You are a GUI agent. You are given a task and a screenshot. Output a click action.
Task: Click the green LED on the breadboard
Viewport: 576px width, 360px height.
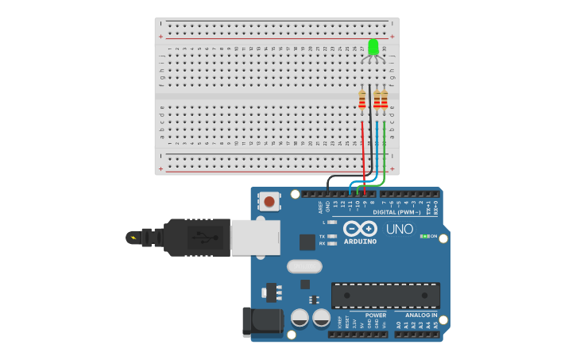pos(373,48)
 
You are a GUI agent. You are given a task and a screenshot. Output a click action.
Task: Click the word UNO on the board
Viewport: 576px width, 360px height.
pos(400,229)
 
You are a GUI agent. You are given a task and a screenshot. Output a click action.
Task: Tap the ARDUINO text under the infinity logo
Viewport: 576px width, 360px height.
pos(360,241)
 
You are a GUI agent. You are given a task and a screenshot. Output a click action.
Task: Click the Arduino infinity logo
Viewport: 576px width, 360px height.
pos(360,228)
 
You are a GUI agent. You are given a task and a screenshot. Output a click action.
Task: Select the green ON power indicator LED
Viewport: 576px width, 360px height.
pos(425,236)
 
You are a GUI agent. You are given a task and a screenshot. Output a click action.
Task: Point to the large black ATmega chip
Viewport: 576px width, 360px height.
pos(385,295)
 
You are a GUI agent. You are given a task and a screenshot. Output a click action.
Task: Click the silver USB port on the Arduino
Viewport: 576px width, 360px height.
pos(255,237)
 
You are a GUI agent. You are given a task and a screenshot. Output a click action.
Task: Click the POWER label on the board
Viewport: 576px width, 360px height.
pos(376,315)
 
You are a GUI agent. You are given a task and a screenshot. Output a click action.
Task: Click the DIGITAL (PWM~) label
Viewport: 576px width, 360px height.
pos(396,212)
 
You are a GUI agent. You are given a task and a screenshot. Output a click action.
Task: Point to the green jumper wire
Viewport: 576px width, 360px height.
pos(385,151)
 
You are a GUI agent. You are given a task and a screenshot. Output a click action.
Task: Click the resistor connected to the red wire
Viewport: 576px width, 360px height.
pos(362,99)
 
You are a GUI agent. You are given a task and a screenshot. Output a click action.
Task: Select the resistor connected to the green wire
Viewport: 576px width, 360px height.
pos(385,99)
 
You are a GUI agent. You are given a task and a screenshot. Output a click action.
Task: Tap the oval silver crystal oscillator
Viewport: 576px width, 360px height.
pos(304,266)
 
